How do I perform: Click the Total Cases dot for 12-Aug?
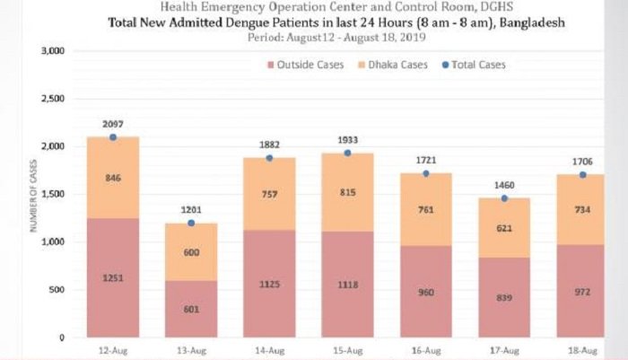pos(113,137)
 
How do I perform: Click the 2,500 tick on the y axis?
pos(51,99)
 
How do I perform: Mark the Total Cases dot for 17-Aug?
pos(505,198)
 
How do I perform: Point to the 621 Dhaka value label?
pos(505,228)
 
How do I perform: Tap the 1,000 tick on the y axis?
pos(51,241)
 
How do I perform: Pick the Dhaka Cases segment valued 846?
pos(113,178)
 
